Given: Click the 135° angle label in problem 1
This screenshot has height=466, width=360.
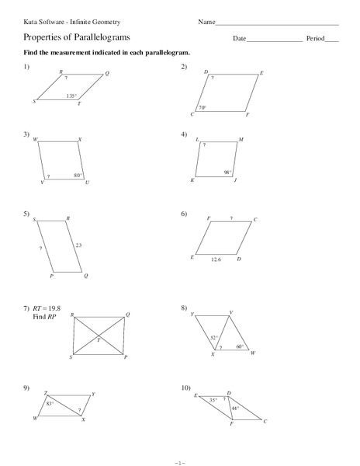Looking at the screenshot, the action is tap(71, 96).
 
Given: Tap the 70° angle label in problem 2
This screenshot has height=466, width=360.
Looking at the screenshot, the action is tap(202, 108).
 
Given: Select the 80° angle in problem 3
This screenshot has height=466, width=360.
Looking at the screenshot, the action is tap(78, 176).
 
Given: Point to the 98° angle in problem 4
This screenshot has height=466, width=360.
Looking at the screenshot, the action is tap(228, 172).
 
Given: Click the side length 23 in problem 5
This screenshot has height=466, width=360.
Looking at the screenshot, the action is tap(78, 245).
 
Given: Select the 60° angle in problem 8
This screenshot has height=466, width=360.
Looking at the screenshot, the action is tap(240, 346).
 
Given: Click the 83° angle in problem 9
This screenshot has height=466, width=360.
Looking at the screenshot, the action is tap(50, 403).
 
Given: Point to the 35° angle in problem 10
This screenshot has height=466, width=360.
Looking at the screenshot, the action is tap(213, 400).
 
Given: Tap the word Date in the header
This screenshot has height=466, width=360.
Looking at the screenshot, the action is tap(239, 38).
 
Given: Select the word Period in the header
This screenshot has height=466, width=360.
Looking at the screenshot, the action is tap(315, 38).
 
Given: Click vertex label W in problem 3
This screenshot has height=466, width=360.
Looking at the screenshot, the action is tap(35, 140).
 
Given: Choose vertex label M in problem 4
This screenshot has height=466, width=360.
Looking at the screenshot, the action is tap(241, 140).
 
